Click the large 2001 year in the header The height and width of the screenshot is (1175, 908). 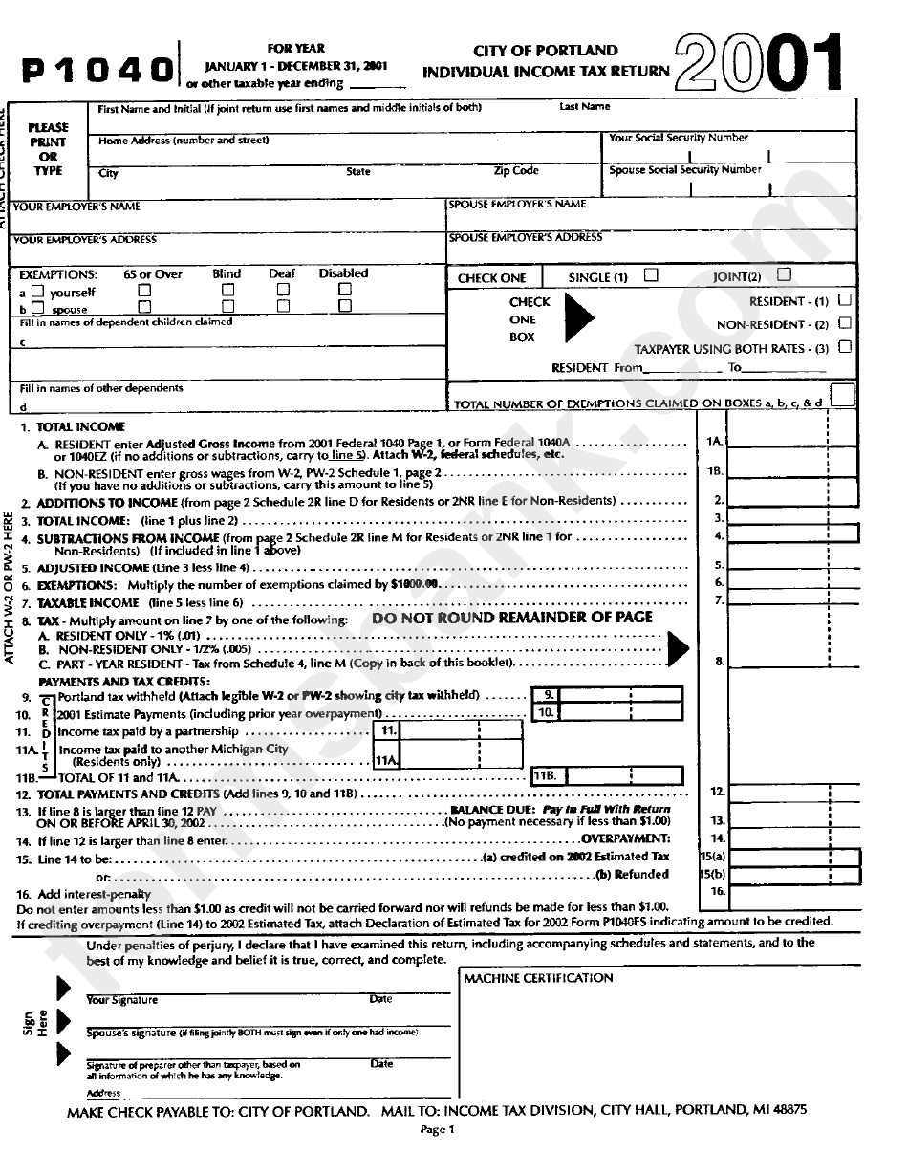(760, 63)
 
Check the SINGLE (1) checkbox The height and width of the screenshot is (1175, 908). (651, 275)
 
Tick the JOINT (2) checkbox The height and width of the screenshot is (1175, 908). (785, 275)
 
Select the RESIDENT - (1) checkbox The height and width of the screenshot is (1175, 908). (843, 300)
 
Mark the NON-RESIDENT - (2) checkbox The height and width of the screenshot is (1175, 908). (843, 323)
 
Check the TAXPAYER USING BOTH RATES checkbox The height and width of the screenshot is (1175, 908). (843, 347)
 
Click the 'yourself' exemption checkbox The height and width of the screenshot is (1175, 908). (38, 291)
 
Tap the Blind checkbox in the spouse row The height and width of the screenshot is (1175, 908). (229, 307)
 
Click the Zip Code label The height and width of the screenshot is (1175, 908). (516, 171)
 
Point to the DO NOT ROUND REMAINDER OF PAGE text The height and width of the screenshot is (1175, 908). (512, 618)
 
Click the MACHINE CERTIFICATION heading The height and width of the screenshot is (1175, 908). (538, 978)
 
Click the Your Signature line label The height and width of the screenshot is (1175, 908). (122, 1000)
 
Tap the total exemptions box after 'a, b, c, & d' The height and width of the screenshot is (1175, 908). (842, 395)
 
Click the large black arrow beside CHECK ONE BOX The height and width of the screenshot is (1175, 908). (578, 318)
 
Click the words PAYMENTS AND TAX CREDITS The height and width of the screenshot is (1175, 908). (123, 681)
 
